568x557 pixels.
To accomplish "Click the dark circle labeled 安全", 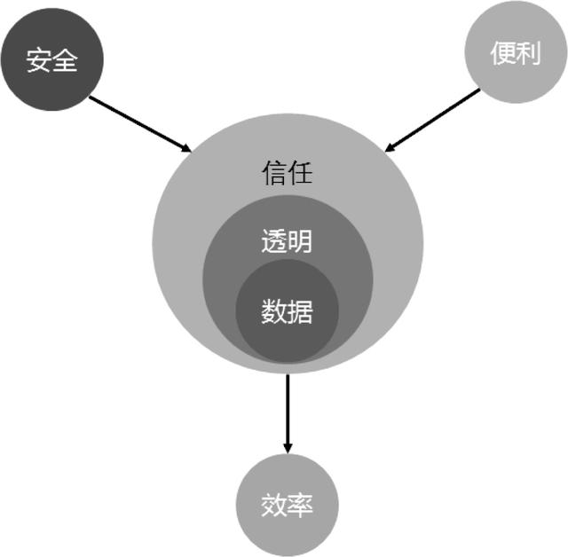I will coord(52,59).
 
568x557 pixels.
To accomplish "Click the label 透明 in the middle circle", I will coord(287,241).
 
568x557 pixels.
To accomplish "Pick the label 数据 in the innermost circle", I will coord(287,311).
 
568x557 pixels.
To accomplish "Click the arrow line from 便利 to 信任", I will coord(435,119).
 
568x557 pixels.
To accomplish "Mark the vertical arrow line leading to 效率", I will coord(287,408).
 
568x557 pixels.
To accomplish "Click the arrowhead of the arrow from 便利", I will coord(390,146).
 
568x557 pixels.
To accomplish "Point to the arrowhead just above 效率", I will coord(287,445).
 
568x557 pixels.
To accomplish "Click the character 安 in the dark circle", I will coord(39,60).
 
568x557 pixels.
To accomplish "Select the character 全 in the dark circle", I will coord(66,60).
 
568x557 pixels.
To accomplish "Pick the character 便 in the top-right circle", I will coord(502,53).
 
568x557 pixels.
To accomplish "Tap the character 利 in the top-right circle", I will coord(528,53).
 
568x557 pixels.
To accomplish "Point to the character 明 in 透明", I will coord(300,241).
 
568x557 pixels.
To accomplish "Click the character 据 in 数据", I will coord(300,311).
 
